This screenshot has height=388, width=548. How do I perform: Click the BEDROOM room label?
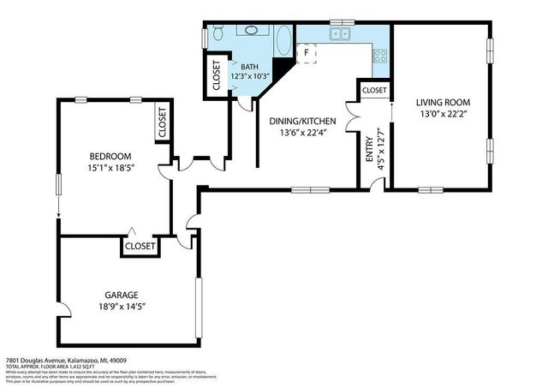coord(111,156)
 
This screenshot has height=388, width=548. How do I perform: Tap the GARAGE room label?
coord(122,295)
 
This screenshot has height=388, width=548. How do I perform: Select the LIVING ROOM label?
coord(444,103)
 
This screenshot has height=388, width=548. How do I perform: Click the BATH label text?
coord(249,67)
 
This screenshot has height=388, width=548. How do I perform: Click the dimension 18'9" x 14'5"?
coord(122,307)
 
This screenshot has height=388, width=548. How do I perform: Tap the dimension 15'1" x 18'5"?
coord(111,169)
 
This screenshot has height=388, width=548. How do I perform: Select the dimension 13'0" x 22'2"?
coord(444,115)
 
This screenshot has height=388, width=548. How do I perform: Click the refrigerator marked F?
coord(307,53)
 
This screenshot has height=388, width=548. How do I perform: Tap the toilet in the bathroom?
coord(217,33)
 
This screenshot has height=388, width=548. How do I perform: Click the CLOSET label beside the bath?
coord(215,75)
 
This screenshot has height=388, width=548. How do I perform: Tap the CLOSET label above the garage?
coord(140,246)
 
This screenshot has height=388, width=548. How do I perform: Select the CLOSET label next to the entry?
coord(374,90)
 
